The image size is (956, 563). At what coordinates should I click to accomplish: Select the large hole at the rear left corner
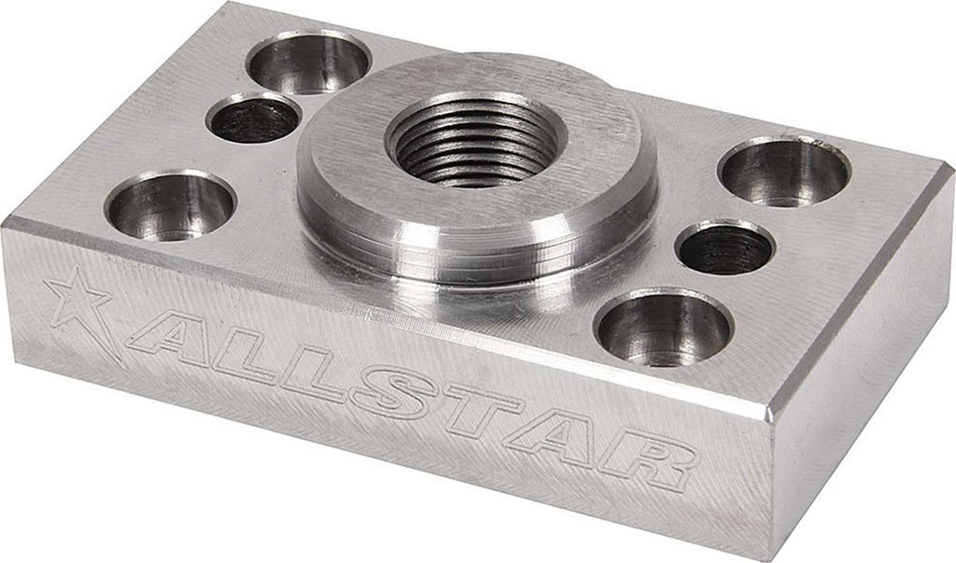coord(308,62)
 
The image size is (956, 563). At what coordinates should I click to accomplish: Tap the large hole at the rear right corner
coord(784,172)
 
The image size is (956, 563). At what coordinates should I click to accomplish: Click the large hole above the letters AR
coord(661,328)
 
